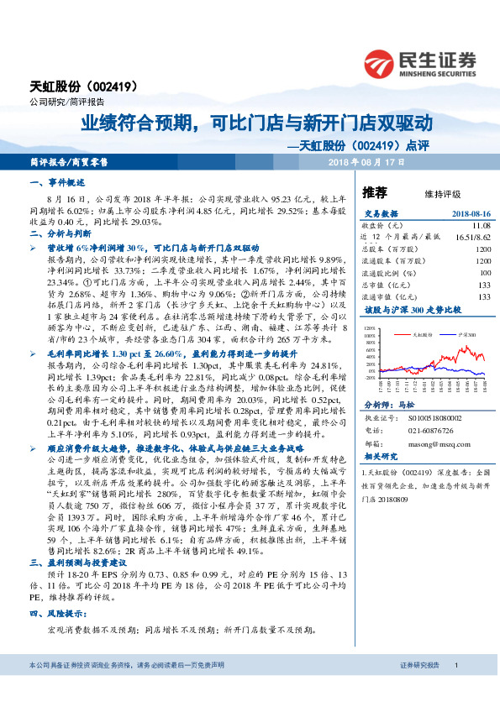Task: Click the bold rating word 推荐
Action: [x=374, y=192]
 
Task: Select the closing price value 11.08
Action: [x=481, y=226]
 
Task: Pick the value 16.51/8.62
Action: [x=472, y=238]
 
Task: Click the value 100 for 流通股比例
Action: [x=484, y=273]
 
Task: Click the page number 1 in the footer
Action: [x=455, y=689]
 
